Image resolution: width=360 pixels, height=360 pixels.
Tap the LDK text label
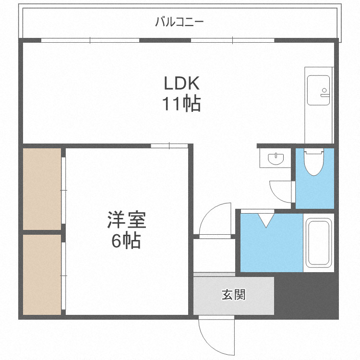coord(181,84)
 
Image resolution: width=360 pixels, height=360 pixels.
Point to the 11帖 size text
coord(181,104)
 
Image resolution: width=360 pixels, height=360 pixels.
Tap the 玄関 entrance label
coord(233,294)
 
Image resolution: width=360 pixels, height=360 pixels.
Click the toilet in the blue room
coord(314,163)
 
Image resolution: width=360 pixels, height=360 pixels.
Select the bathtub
coord(319,242)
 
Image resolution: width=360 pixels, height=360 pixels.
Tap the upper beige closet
coord(42,189)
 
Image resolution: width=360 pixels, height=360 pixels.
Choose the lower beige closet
coord(42,274)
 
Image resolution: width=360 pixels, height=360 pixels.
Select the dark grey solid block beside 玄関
coord(306,298)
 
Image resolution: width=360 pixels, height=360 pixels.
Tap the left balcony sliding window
coord(90,40)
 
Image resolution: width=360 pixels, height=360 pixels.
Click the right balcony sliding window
coord(232,40)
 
